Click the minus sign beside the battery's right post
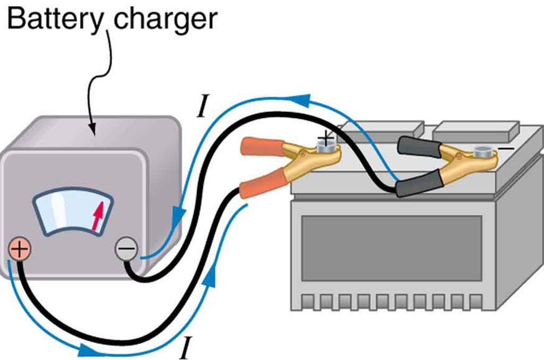click(506, 149)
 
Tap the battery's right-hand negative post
click(482, 151)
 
